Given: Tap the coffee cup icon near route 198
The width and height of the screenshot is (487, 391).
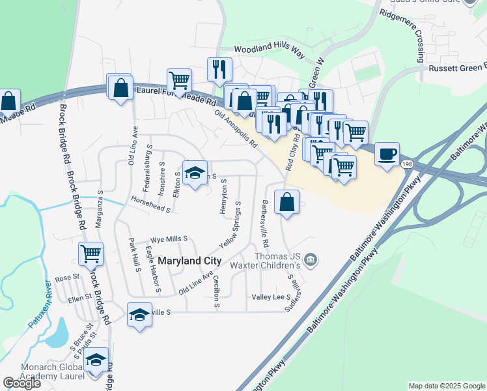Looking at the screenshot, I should [x=387, y=154].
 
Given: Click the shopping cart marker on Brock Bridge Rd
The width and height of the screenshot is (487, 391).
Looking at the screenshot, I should [x=91, y=254].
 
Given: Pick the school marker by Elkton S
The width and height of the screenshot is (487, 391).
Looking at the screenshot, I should [x=194, y=173].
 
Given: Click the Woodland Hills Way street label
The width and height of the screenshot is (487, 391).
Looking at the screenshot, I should [x=270, y=50].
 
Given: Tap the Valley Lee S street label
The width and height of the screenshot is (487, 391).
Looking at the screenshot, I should [x=271, y=297].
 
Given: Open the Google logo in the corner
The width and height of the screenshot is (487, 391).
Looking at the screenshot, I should [x=21, y=383].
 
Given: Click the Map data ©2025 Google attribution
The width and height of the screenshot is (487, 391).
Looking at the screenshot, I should [x=447, y=386].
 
